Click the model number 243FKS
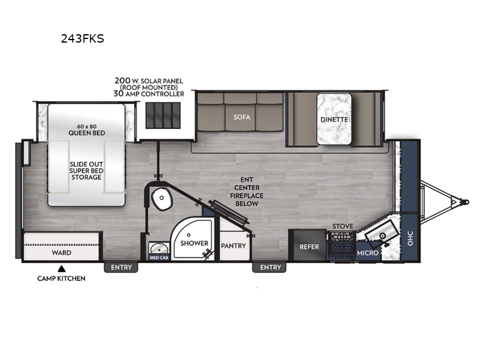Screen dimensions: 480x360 coord(83,38)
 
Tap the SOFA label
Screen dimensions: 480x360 coord(242,117)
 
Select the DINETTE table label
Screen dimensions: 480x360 coord(334,119)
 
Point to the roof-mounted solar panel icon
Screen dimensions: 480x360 coord(163,115)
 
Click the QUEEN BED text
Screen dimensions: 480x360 coord(86,133)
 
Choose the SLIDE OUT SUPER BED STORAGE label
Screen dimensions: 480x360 coord(86,170)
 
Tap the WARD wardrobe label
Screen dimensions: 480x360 coord(62,253)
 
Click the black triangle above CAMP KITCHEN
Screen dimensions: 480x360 coord(62,269)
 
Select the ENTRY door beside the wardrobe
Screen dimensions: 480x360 coord(121,267)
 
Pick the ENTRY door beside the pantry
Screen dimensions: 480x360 coord(271,267)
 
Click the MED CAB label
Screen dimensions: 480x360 coord(159,258)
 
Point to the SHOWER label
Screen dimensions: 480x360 coord(194,243)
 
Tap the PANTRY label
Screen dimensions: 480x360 coord(233,245)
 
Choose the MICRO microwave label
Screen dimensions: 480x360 coord(367,253)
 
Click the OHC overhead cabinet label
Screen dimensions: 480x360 coord(410,238)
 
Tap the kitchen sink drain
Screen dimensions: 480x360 coord(382,235)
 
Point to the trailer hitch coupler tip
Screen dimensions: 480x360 coord(466,202)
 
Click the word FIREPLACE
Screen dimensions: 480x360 coord(247,196)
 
